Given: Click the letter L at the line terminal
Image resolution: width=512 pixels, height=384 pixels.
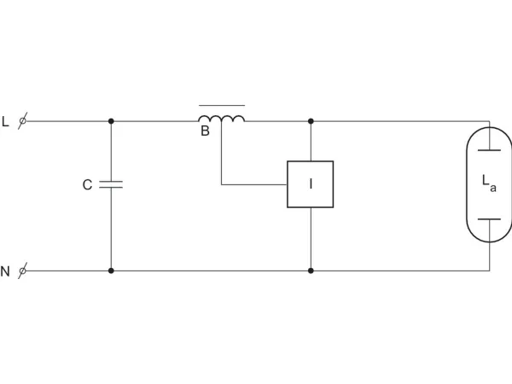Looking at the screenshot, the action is [5, 121].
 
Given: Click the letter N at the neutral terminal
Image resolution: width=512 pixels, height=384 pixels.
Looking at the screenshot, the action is [5, 271].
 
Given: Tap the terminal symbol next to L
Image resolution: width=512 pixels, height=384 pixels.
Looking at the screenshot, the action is [22, 121].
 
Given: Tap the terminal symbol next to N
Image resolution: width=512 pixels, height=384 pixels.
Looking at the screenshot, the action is [22, 271].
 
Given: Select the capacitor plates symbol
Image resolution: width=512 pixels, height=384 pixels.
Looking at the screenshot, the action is [111, 184].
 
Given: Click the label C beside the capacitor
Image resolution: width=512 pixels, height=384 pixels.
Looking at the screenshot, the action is [87, 185].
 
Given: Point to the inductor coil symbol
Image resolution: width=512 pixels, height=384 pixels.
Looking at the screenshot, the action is [221, 119].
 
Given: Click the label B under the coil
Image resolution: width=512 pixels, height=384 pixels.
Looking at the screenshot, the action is [205, 131].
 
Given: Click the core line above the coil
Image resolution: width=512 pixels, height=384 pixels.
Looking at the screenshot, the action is [222, 106].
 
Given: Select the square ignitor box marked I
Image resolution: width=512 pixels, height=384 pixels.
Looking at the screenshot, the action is [311, 184].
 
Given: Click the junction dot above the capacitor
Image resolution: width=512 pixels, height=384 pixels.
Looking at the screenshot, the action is [111, 121].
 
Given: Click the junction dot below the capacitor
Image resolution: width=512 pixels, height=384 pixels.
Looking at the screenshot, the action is [111, 271].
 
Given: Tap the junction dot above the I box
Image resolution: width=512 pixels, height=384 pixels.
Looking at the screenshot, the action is [311, 121].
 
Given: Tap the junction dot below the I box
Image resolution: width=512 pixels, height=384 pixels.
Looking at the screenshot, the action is [311, 271].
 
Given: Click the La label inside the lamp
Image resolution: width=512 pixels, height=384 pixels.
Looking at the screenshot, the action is [489, 183].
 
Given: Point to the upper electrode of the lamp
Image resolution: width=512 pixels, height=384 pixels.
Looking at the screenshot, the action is [489, 150].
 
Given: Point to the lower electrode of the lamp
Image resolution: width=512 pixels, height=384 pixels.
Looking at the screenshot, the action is [489, 219].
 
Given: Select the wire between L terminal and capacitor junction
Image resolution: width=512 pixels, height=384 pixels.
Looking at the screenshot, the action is [68, 121].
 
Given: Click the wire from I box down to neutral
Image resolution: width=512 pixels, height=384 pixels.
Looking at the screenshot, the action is [311, 239].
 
